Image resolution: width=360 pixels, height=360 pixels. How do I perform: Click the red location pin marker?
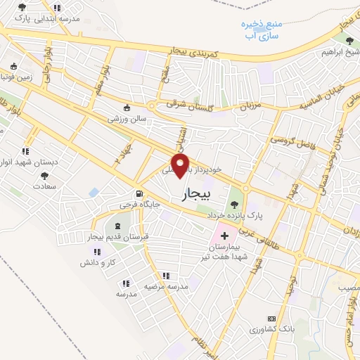click(181, 166)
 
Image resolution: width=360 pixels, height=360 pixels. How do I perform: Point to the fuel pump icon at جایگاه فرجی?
click(139, 195)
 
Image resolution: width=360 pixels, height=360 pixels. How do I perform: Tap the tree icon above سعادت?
click(45, 176)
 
